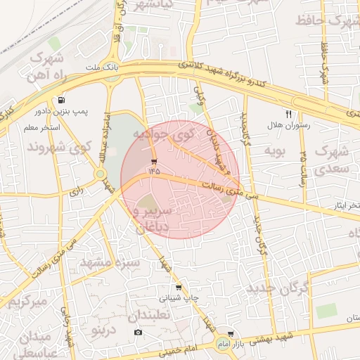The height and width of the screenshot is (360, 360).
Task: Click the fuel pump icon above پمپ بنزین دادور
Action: (63, 101)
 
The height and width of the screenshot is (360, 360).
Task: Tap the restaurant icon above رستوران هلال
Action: (288, 114)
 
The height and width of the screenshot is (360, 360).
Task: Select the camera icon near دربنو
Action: (138, 332)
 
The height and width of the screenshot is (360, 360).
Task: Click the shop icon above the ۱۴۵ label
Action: (154, 161)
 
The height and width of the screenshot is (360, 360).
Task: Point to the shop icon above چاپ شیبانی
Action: (179, 288)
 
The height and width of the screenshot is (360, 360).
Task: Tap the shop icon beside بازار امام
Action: (231, 334)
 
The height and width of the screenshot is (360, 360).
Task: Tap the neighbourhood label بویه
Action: (274, 150)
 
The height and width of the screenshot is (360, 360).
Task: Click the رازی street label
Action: (77, 190)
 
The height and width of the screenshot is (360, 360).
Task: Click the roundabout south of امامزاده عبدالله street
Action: (101, 173)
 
